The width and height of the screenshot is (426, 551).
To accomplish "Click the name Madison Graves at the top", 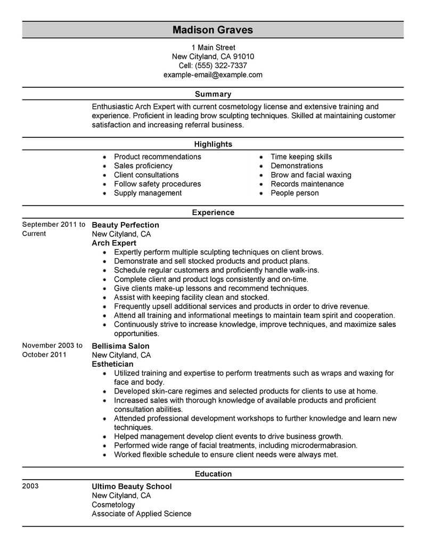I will tap(212, 30).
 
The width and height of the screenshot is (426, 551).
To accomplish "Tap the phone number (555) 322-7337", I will tap(225, 65).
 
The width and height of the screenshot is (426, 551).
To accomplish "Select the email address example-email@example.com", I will tap(212, 75).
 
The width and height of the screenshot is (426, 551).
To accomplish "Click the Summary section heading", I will tap(212, 94).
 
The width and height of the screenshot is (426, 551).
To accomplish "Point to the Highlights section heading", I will tap(212, 144).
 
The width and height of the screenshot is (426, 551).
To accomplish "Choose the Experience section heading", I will tap(212, 212).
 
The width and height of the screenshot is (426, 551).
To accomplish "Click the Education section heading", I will tap(212, 473).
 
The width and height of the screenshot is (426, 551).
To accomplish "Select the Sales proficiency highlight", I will tap(143, 166).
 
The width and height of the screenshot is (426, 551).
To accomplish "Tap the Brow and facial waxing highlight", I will tap(310, 175).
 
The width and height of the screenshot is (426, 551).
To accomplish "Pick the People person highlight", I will tap(294, 193).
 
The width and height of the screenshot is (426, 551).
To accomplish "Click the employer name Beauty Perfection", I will tap(125, 225).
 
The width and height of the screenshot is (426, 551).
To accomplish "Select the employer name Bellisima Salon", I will tap(120, 346).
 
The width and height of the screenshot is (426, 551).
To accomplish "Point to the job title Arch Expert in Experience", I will tap(112, 243).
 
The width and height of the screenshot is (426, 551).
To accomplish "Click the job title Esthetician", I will tap(112, 364).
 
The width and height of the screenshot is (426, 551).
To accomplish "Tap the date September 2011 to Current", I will tap(53, 229).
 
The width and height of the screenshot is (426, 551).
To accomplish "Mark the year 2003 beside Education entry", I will tap(30, 486).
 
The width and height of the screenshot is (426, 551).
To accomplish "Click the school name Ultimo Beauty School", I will tap(132, 486).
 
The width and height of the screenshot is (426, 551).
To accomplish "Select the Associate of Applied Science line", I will tap(141, 514).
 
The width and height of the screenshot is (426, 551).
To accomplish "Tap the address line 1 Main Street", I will tap(212, 47).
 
